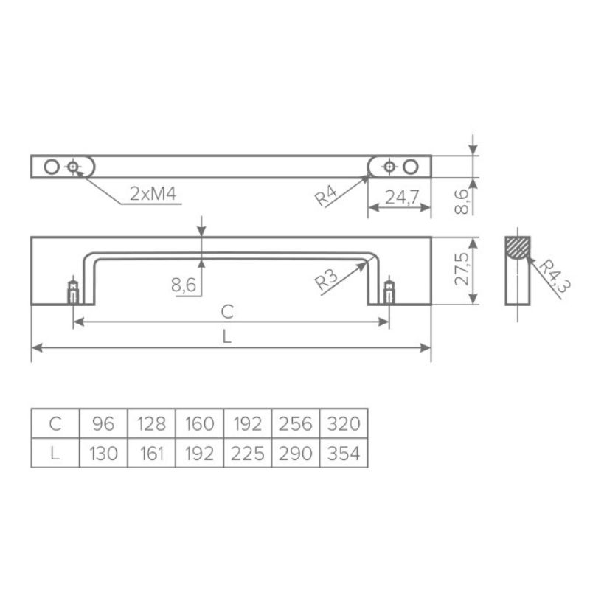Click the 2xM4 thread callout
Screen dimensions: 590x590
(x=153, y=194)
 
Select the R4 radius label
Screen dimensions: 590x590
(x=326, y=197)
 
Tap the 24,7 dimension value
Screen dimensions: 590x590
(x=402, y=197)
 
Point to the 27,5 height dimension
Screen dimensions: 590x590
(x=462, y=269)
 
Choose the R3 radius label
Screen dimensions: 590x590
(x=326, y=280)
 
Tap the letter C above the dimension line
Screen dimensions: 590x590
(x=227, y=312)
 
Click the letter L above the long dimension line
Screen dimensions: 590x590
(x=226, y=336)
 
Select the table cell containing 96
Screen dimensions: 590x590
(x=103, y=423)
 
